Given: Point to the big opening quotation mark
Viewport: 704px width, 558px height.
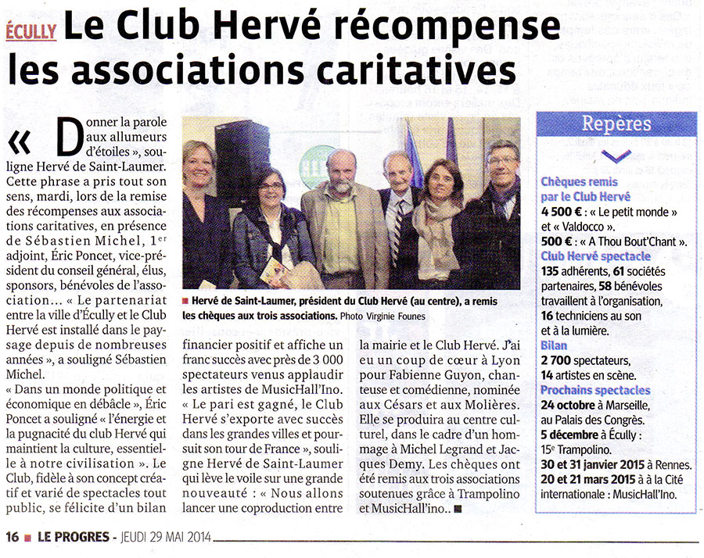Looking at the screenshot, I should click(x=21, y=140).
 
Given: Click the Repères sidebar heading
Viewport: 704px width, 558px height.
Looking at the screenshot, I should click(x=616, y=123).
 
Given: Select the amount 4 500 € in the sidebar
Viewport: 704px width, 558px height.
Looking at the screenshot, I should click(x=565, y=212).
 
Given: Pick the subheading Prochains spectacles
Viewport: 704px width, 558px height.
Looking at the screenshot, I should click(x=595, y=389).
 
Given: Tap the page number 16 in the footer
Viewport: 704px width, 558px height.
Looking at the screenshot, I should click(x=12, y=537).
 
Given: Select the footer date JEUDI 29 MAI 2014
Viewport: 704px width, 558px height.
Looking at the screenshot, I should click(x=162, y=538).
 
